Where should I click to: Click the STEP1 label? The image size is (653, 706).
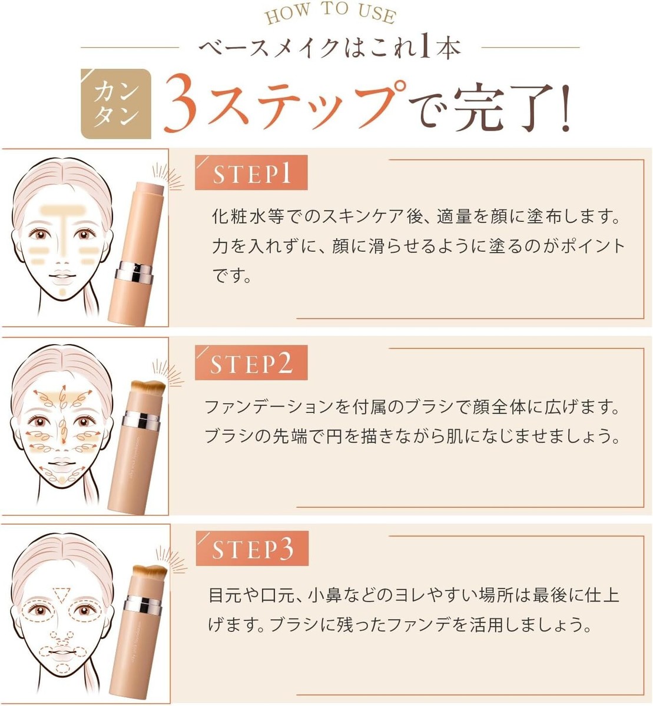pos(251,173)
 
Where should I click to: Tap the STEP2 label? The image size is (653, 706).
pos(251,362)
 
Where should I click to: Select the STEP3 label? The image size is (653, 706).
pos(252,548)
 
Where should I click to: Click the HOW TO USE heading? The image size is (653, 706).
pos(330,14)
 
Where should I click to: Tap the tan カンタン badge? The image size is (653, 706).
pos(116,104)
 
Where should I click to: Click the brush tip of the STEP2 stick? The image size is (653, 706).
pos(148,387)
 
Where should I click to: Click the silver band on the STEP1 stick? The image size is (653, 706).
pos(134,272)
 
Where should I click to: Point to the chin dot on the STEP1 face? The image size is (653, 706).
pos(62,292)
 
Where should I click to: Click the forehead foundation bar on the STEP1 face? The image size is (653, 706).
pos(64,211)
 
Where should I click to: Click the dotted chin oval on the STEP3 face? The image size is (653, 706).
pos(63,668)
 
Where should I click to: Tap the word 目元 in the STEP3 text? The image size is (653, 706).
pos(226,595)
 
